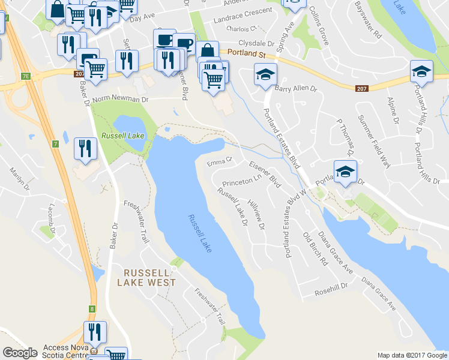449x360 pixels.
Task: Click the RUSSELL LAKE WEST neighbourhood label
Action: [146, 277]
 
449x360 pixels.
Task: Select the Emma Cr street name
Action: [219, 161]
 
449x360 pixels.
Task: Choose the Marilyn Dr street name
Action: [19, 179]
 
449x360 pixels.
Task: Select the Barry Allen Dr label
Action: [295, 88]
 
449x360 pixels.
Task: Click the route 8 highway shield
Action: [92, 309]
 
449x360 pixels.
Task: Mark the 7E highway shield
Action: [25, 76]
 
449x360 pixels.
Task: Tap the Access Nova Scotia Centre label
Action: [67, 352]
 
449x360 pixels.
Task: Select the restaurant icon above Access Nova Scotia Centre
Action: [95, 331]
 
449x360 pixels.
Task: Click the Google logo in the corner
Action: [20, 353]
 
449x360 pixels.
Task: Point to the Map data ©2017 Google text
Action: [412, 355]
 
